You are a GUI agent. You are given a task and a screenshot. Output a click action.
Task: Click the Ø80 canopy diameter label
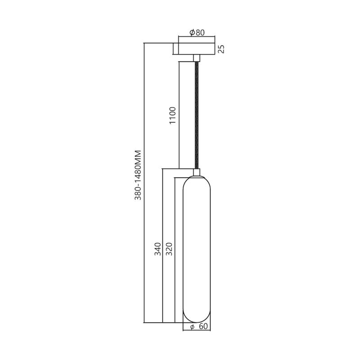pos(197,32)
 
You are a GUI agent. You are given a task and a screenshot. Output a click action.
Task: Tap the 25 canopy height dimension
pos(221,49)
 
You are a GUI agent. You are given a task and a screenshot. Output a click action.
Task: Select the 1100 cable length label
pos(173,116)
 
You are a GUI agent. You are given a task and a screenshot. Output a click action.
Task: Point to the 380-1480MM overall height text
pos(139,175)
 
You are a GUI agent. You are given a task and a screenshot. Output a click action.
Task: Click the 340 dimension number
pos(157,249)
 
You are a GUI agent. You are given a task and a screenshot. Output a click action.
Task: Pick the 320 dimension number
pos(169,249)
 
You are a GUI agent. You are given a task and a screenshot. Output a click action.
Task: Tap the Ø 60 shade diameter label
pos(198,327)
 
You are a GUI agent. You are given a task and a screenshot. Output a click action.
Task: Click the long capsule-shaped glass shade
pos(197,247)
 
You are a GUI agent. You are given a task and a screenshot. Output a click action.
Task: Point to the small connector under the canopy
pos(197,58)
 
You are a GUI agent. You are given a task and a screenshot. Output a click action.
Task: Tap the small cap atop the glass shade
pos(197,172)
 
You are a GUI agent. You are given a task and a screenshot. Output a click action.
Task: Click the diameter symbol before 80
pos(192,32)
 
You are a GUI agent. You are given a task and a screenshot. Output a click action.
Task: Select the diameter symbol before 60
pos(192,327)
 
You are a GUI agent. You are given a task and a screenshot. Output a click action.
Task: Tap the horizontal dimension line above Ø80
pos(197,37)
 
